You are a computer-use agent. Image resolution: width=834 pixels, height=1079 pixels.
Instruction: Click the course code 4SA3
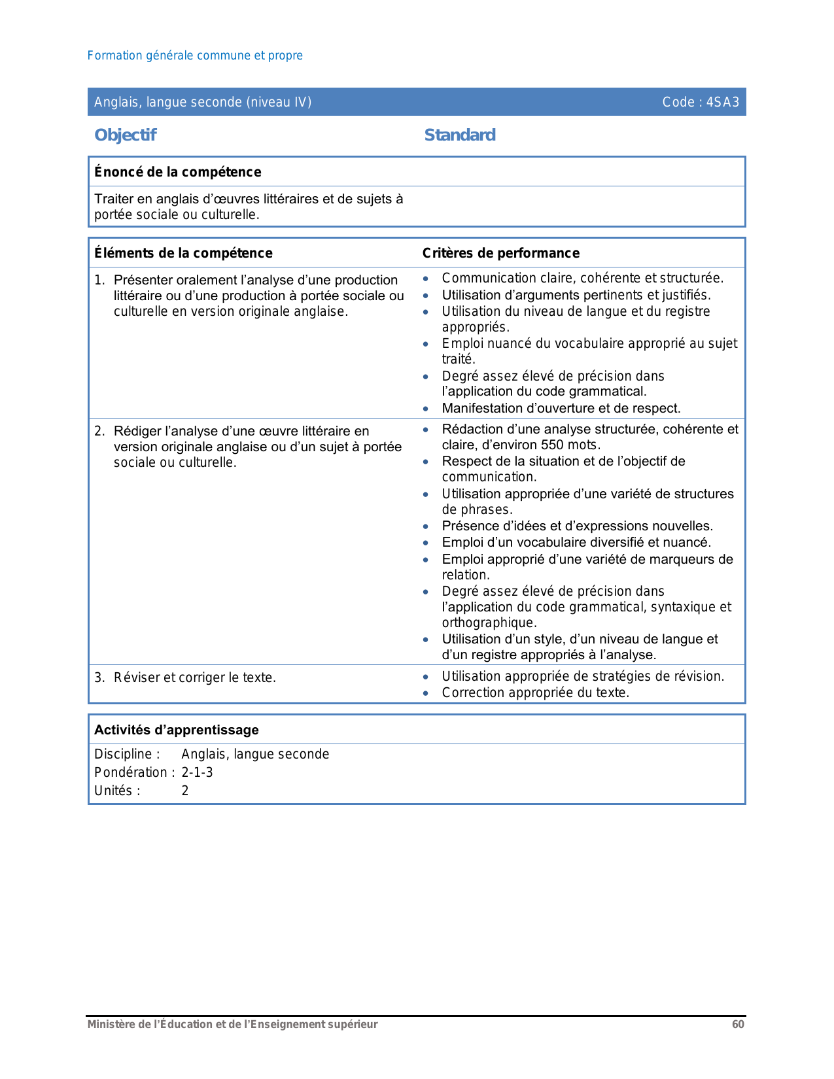(723, 102)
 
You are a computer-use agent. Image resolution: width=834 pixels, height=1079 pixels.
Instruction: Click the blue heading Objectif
(126, 135)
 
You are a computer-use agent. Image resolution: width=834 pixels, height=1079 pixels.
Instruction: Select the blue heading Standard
(460, 135)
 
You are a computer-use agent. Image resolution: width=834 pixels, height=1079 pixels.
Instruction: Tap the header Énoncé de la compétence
(178, 172)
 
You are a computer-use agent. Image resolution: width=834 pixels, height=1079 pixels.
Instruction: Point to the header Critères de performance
(501, 253)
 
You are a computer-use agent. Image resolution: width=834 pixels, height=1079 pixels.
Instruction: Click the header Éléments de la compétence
(183, 253)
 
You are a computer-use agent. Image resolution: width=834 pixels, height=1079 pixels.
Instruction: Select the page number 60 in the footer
(738, 1024)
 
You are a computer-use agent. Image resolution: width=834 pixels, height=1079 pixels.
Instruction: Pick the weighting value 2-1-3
(197, 772)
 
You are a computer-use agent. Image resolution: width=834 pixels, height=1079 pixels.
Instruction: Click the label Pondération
(131, 772)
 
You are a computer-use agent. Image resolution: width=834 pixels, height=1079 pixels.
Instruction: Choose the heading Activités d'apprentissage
(177, 730)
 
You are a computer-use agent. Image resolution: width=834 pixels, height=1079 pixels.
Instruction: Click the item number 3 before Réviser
(98, 677)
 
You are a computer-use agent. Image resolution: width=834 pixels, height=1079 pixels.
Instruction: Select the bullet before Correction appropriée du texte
(426, 693)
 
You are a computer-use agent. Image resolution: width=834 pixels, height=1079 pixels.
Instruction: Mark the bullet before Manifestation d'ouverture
(426, 409)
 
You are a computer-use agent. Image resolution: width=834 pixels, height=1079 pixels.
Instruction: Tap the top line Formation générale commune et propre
(195, 56)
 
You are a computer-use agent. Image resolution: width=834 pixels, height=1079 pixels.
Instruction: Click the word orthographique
(488, 623)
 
